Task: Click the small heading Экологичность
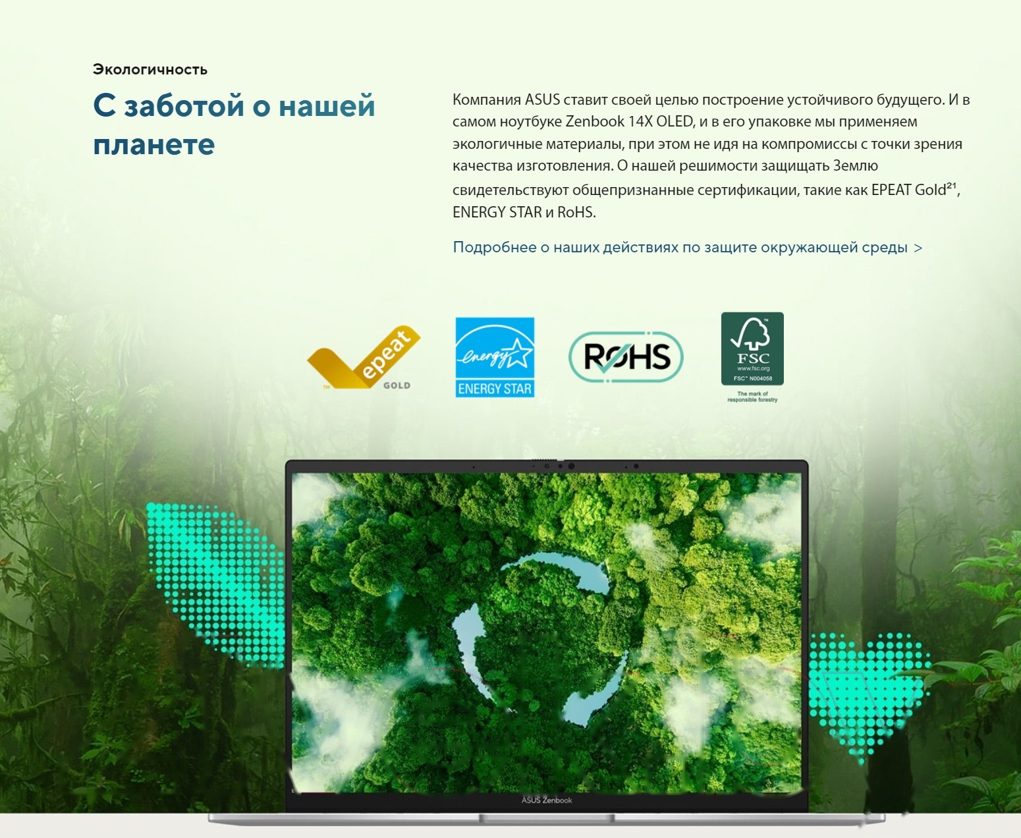[150, 70]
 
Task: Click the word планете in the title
[154, 144]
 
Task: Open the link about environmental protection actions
[680, 248]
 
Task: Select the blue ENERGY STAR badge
[495, 357]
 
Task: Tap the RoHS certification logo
[626, 357]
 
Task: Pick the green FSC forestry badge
[752, 349]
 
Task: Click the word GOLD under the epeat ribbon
[397, 385]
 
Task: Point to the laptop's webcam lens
[570, 466]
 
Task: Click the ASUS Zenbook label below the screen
[547, 800]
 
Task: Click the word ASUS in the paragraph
[542, 100]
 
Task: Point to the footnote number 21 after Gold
[951, 186]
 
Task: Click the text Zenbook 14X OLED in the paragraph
[629, 122]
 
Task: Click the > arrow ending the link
[918, 248]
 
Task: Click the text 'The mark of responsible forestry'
[752, 397]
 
